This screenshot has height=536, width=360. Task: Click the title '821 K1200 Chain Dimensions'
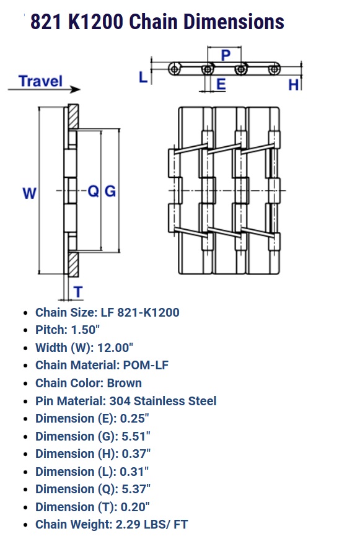click(157, 22)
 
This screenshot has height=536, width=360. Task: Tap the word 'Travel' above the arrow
click(40, 81)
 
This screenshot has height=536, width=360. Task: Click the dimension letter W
click(29, 193)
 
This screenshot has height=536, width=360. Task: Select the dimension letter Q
click(93, 191)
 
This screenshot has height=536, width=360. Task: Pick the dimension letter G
click(110, 191)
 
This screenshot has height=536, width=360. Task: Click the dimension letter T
click(78, 292)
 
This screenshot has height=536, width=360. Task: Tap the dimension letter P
click(226, 55)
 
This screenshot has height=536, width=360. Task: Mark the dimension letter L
click(143, 77)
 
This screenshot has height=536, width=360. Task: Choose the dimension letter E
click(221, 85)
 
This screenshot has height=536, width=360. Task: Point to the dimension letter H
click(294, 85)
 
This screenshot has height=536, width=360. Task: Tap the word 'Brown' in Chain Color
click(124, 383)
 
